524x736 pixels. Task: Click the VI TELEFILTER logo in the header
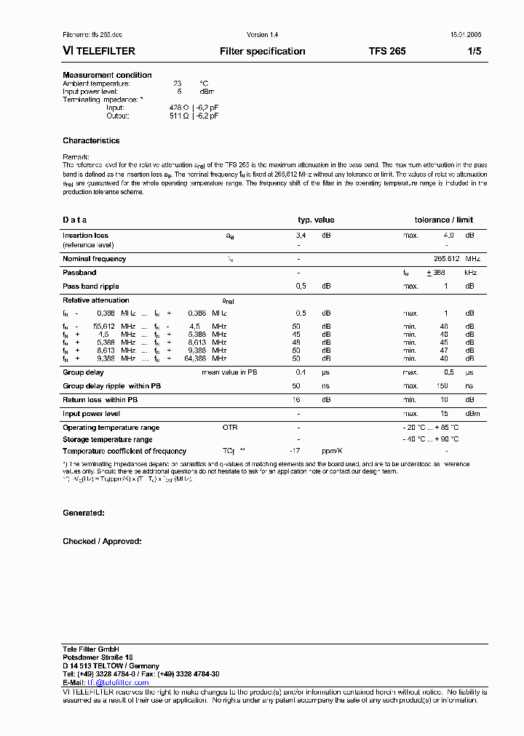pos(99,52)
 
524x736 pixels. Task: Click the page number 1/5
pos(474,52)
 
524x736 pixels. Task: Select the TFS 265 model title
pos(387,52)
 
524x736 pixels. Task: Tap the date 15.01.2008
pos(466,35)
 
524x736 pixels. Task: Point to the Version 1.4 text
pos(262,35)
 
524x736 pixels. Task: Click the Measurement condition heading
pos(107,75)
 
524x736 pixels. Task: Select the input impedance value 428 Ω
pos(180,108)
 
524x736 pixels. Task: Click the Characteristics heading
pos(91,140)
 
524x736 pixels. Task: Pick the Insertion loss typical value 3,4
pos(301,236)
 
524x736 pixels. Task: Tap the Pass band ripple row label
pos(91,287)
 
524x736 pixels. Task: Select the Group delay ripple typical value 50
pos(296,386)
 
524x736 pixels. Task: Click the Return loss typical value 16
pos(296,400)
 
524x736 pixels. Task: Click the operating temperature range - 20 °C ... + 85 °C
pos(432,428)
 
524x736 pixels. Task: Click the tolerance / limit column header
pos(444,220)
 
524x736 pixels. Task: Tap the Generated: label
pos(84,513)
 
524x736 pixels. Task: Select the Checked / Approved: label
pos(102,541)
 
